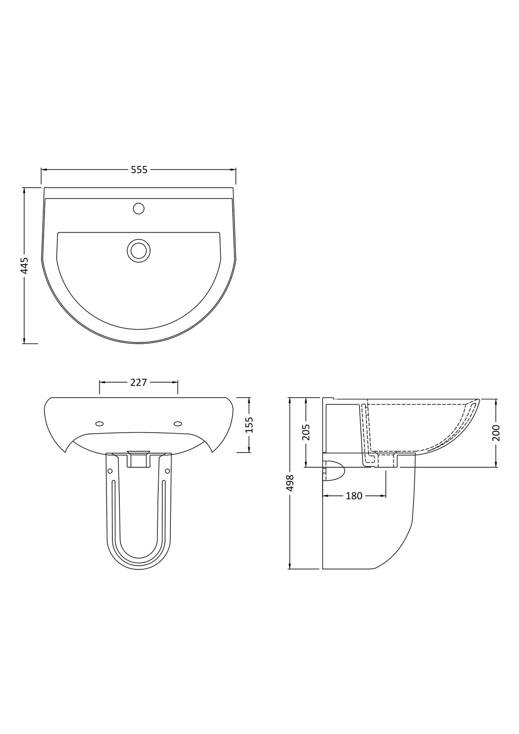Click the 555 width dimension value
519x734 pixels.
coord(139,170)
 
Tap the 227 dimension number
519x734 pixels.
coord(138,383)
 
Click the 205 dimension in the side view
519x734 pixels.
coord(306,433)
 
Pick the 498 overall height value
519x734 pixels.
coord(290,483)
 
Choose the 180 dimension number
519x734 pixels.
coord(354,496)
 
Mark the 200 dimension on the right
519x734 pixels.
coord(496,433)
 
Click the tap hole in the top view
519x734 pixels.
coord(139,208)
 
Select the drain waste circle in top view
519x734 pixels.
coord(139,250)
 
